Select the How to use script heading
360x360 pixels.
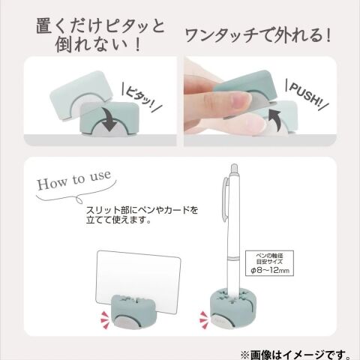point(74,180)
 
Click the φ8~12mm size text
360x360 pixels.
point(269,270)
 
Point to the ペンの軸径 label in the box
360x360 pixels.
point(269,256)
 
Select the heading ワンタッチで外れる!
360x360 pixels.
point(258,36)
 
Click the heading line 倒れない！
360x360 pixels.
point(98,44)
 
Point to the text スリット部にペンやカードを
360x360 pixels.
point(142,210)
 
